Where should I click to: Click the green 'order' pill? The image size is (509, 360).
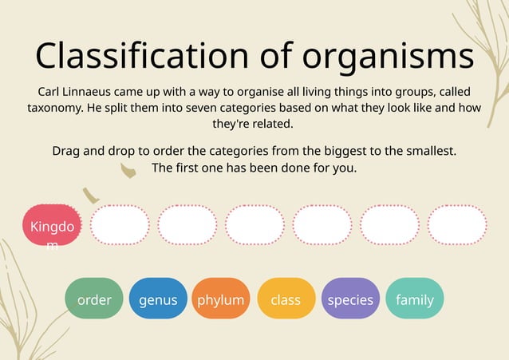94,299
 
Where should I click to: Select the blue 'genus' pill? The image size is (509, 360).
158,299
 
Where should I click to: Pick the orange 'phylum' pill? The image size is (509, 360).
221,299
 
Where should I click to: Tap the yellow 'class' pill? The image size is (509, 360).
286,299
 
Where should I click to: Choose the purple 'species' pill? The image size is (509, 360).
350,299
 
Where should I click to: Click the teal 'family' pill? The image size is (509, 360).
415,299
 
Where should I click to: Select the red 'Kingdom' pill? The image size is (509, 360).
52,226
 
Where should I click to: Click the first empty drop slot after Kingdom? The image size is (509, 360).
120,225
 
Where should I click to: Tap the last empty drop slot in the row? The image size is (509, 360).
457,225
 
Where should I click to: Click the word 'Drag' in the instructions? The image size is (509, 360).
68,150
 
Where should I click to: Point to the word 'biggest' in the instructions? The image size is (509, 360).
344,150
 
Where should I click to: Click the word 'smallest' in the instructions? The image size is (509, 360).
430,150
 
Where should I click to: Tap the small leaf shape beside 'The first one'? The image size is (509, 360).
128,169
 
